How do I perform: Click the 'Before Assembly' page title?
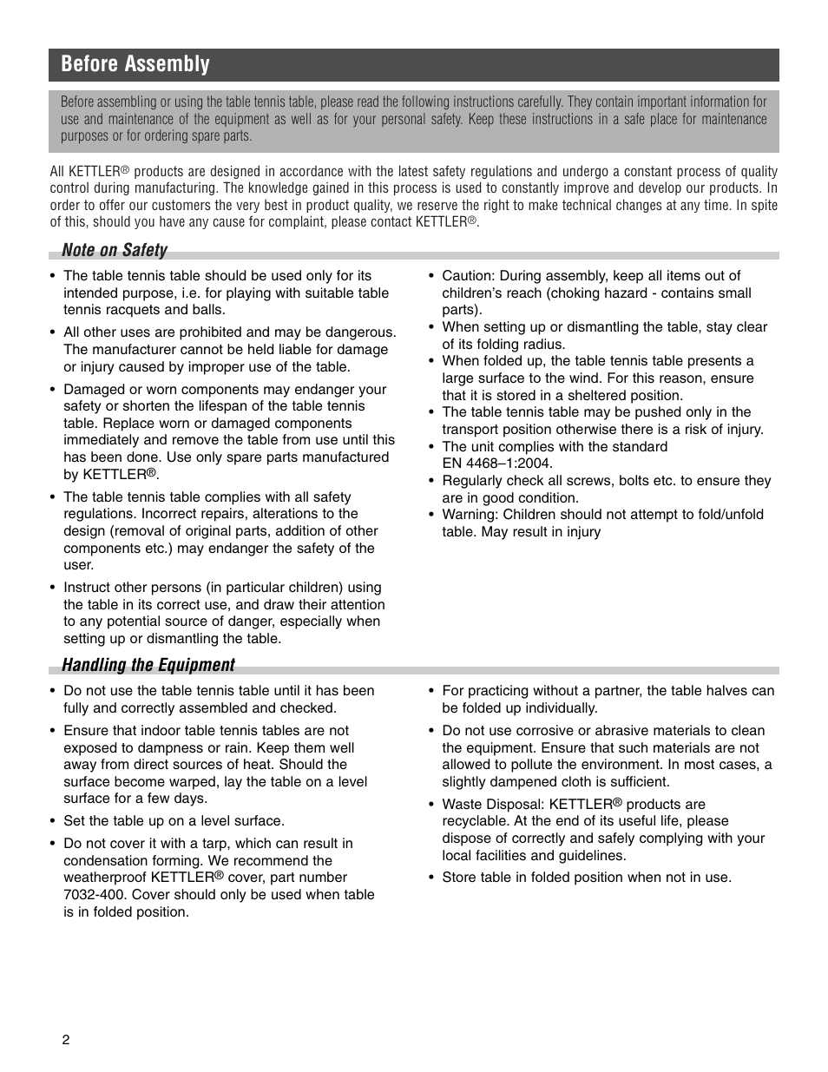[135, 64]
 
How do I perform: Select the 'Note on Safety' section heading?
[114, 250]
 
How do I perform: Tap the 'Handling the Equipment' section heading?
[148, 665]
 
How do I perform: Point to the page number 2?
[65, 1041]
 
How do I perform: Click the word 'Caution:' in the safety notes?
[468, 276]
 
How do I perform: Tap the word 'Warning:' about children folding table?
[470, 515]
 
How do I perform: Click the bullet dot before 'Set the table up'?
[53, 821]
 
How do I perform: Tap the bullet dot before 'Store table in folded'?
[431, 878]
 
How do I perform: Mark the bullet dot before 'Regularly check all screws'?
[431, 481]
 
